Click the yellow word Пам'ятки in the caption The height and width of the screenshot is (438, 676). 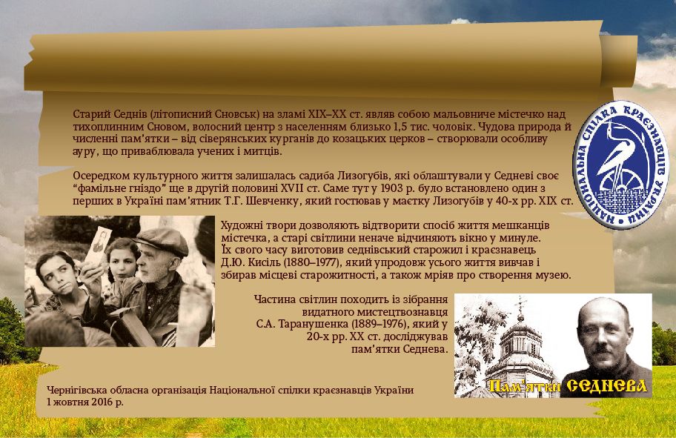[525, 386]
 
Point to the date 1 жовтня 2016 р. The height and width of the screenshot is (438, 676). [85, 402]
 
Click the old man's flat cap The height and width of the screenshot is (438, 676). [162, 240]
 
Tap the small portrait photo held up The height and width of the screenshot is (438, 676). [98, 246]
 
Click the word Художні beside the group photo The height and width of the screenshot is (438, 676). [242, 225]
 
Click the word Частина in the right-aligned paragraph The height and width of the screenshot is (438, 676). [271, 299]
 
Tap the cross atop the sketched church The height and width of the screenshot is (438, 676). [521, 305]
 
